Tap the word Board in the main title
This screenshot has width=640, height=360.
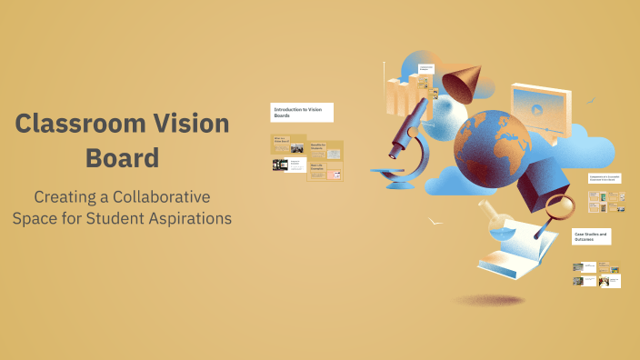(122, 157)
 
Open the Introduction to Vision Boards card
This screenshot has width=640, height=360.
(302, 112)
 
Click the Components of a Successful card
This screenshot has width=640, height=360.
(604, 180)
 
